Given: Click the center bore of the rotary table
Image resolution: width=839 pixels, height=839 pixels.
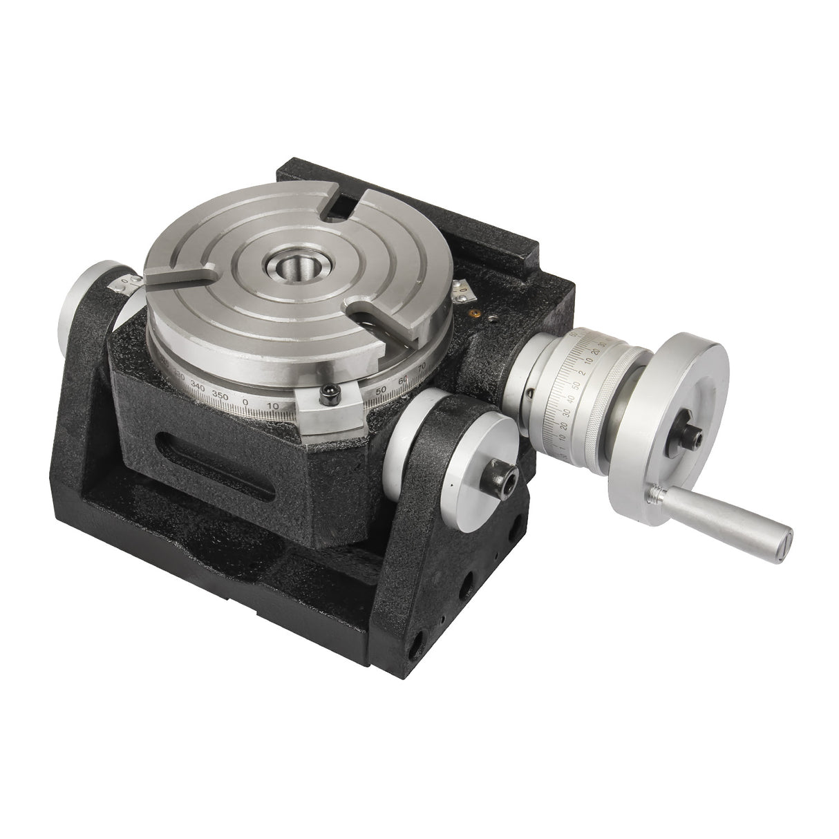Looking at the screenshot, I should (x=295, y=265).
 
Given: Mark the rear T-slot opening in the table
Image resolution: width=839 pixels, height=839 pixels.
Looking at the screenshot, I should (x=337, y=203).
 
